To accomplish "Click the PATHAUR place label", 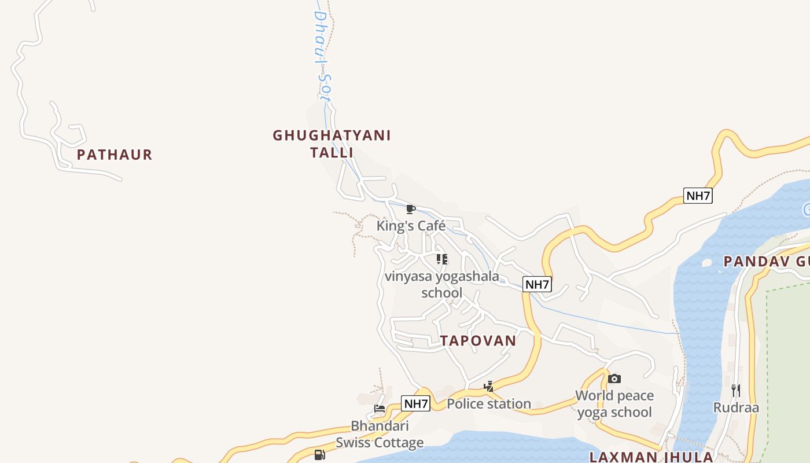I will pos(115,155).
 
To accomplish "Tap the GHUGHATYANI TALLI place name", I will pos(332,144).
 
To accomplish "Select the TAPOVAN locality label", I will pos(478,340).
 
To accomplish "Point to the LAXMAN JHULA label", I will pos(651,457).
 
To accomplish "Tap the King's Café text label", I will pos(411,226).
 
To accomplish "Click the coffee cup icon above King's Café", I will pos(411,209).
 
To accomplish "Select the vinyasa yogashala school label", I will pos(441,284).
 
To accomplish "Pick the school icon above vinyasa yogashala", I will pos(442,259).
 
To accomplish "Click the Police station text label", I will pos(489,403).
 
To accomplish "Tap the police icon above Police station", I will pos(489,387).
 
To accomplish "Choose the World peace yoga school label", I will pos(614,404).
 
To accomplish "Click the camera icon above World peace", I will pos(614,379).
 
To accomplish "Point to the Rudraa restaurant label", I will pos(736,407).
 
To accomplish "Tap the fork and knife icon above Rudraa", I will pos(736,391).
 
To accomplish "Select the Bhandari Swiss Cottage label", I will pos(380,434).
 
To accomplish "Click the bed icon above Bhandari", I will pos(380,409).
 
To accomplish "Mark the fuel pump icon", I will pos(319,455).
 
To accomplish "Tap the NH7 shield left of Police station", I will pos(416,403).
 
